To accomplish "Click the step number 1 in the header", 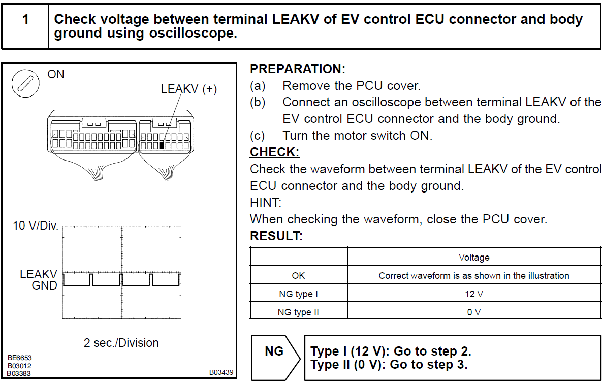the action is coord(25,20).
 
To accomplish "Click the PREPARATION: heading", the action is coord(298,69).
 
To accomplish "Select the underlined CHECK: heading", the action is coord(275,152).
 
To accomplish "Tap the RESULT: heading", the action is coord(276,236).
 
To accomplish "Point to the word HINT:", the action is coord(265,202).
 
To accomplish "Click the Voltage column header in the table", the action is coord(473,257).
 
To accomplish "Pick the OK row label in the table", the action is coord(299,276).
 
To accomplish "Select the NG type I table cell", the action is coord(299,294).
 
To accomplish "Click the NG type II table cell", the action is coord(299,312).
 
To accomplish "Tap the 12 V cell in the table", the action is coord(473,294).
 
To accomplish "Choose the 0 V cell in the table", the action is coord(473,312).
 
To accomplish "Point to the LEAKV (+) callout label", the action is coord(188,89).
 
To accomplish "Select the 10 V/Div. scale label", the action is coord(36,226).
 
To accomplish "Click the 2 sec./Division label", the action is coord(121,343).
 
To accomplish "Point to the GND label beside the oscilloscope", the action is coord(45,285).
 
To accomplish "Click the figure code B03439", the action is coord(221,372).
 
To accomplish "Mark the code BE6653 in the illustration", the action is coord(19,358).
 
